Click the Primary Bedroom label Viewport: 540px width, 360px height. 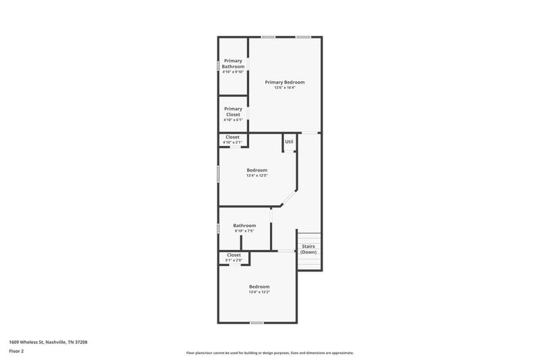[284, 82]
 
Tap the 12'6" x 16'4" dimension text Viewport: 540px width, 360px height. [284, 88]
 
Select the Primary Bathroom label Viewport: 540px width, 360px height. [233, 63]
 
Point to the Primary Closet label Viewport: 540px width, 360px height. [233, 111]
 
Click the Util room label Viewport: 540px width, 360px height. [289, 142]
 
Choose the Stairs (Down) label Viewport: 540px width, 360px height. [308, 249]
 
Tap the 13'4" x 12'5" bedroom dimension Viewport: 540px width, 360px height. [256, 176]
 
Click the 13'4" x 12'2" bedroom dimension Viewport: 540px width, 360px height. [259, 292]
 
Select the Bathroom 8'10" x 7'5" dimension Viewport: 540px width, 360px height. [244, 231]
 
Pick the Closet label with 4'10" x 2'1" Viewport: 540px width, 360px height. [232, 137]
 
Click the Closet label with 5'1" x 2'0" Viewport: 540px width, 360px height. [234, 255]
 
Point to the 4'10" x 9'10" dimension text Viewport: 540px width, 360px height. [233, 72]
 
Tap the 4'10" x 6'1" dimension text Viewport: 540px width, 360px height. [233, 120]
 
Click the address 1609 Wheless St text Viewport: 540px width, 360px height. [48, 342]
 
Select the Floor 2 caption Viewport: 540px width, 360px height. [16, 351]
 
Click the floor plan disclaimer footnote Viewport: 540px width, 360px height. [269, 353]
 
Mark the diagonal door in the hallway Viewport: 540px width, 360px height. [288, 198]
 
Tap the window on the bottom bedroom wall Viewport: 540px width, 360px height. [256, 322]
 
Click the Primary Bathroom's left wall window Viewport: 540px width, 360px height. [218, 66]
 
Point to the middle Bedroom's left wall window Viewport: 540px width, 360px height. [218, 174]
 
